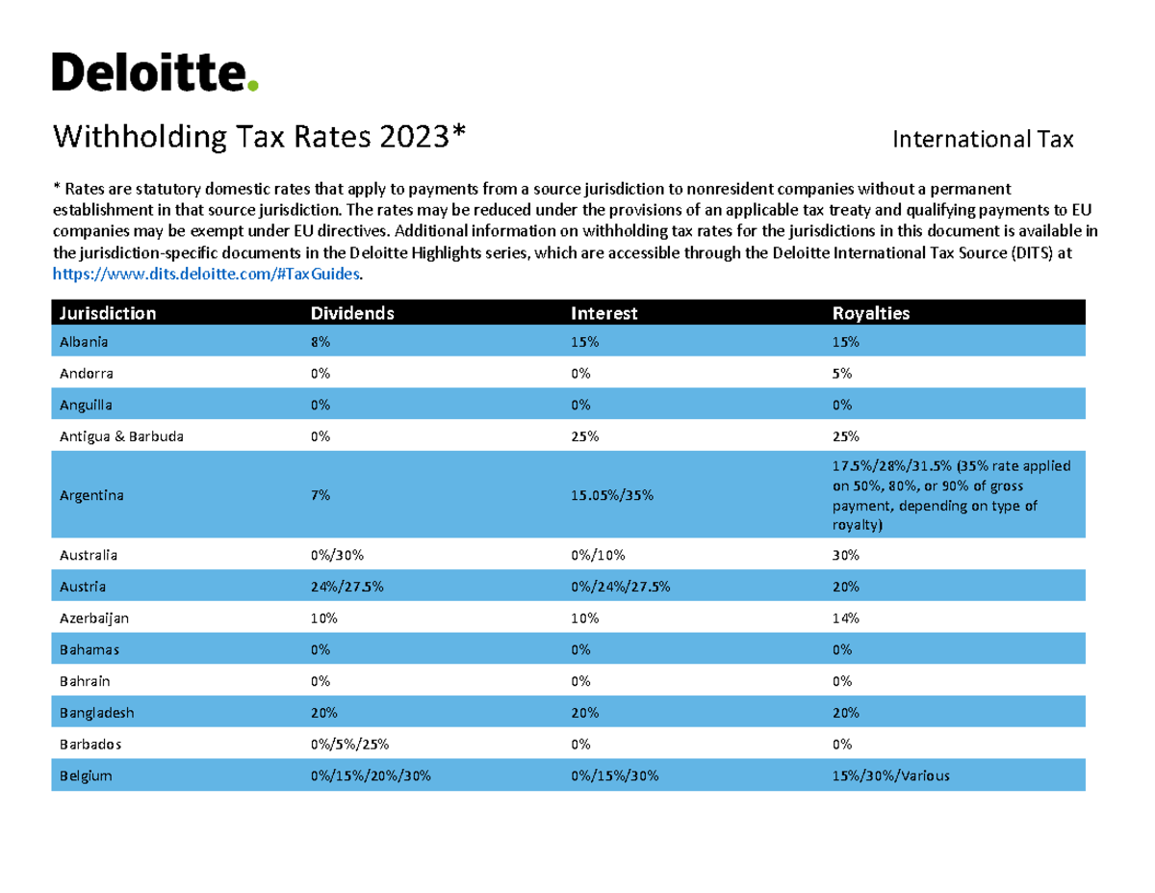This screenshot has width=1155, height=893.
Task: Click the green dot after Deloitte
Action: tap(253, 86)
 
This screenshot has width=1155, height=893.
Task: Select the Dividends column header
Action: tap(351, 313)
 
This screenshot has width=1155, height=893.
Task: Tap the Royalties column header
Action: tap(870, 313)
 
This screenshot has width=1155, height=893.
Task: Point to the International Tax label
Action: tap(982, 141)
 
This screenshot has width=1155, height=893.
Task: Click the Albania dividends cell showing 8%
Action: tap(320, 342)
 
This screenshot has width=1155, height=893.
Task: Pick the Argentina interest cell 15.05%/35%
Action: tap(612, 496)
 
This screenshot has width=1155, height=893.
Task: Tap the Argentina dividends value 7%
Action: tap(320, 496)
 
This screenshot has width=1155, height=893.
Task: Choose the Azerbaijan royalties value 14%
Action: tap(845, 617)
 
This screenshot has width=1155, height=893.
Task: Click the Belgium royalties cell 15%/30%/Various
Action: tap(890, 775)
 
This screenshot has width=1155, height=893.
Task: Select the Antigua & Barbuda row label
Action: tap(121, 436)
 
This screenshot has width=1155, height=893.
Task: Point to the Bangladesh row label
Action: tap(96, 713)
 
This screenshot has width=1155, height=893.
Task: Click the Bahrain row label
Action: tap(85, 681)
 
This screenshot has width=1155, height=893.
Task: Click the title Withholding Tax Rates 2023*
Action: tap(259, 138)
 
